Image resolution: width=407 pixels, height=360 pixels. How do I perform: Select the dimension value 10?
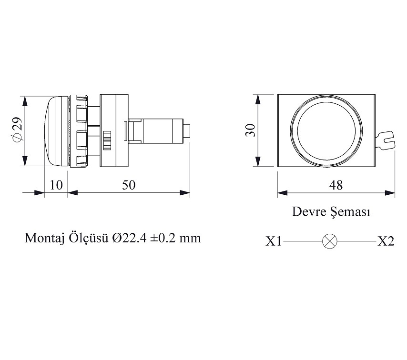click(56, 185)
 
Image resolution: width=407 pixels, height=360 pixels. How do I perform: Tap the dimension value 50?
click(129, 185)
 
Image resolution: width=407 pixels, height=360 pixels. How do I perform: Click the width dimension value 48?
click(336, 185)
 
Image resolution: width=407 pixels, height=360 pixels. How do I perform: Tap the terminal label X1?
click(274, 241)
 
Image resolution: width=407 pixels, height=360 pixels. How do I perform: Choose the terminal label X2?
click(386, 241)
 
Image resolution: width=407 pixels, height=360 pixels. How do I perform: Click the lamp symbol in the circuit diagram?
click(330, 241)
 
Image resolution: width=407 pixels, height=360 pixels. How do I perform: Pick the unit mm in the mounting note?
click(191, 238)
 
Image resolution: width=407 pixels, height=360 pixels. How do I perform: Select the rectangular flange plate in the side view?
click(114, 130)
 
